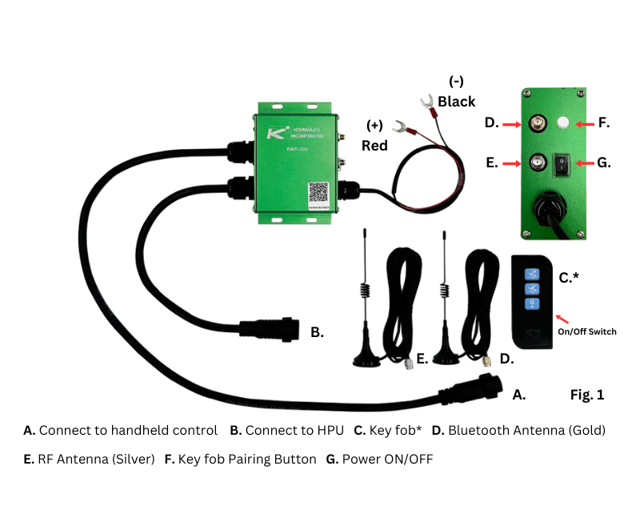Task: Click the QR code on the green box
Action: [x=318, y=193]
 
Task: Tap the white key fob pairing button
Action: [x=562, y=123]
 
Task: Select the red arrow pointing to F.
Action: [x=586, y=123]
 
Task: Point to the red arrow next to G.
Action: [x=586, y=163]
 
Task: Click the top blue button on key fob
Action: [x=531, y=274]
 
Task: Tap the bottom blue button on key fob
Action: [x=531, y=304]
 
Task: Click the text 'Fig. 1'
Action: [x=586, y=395]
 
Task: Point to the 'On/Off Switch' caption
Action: [x=587, y=331]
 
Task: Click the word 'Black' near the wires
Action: [x=457, y=102]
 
